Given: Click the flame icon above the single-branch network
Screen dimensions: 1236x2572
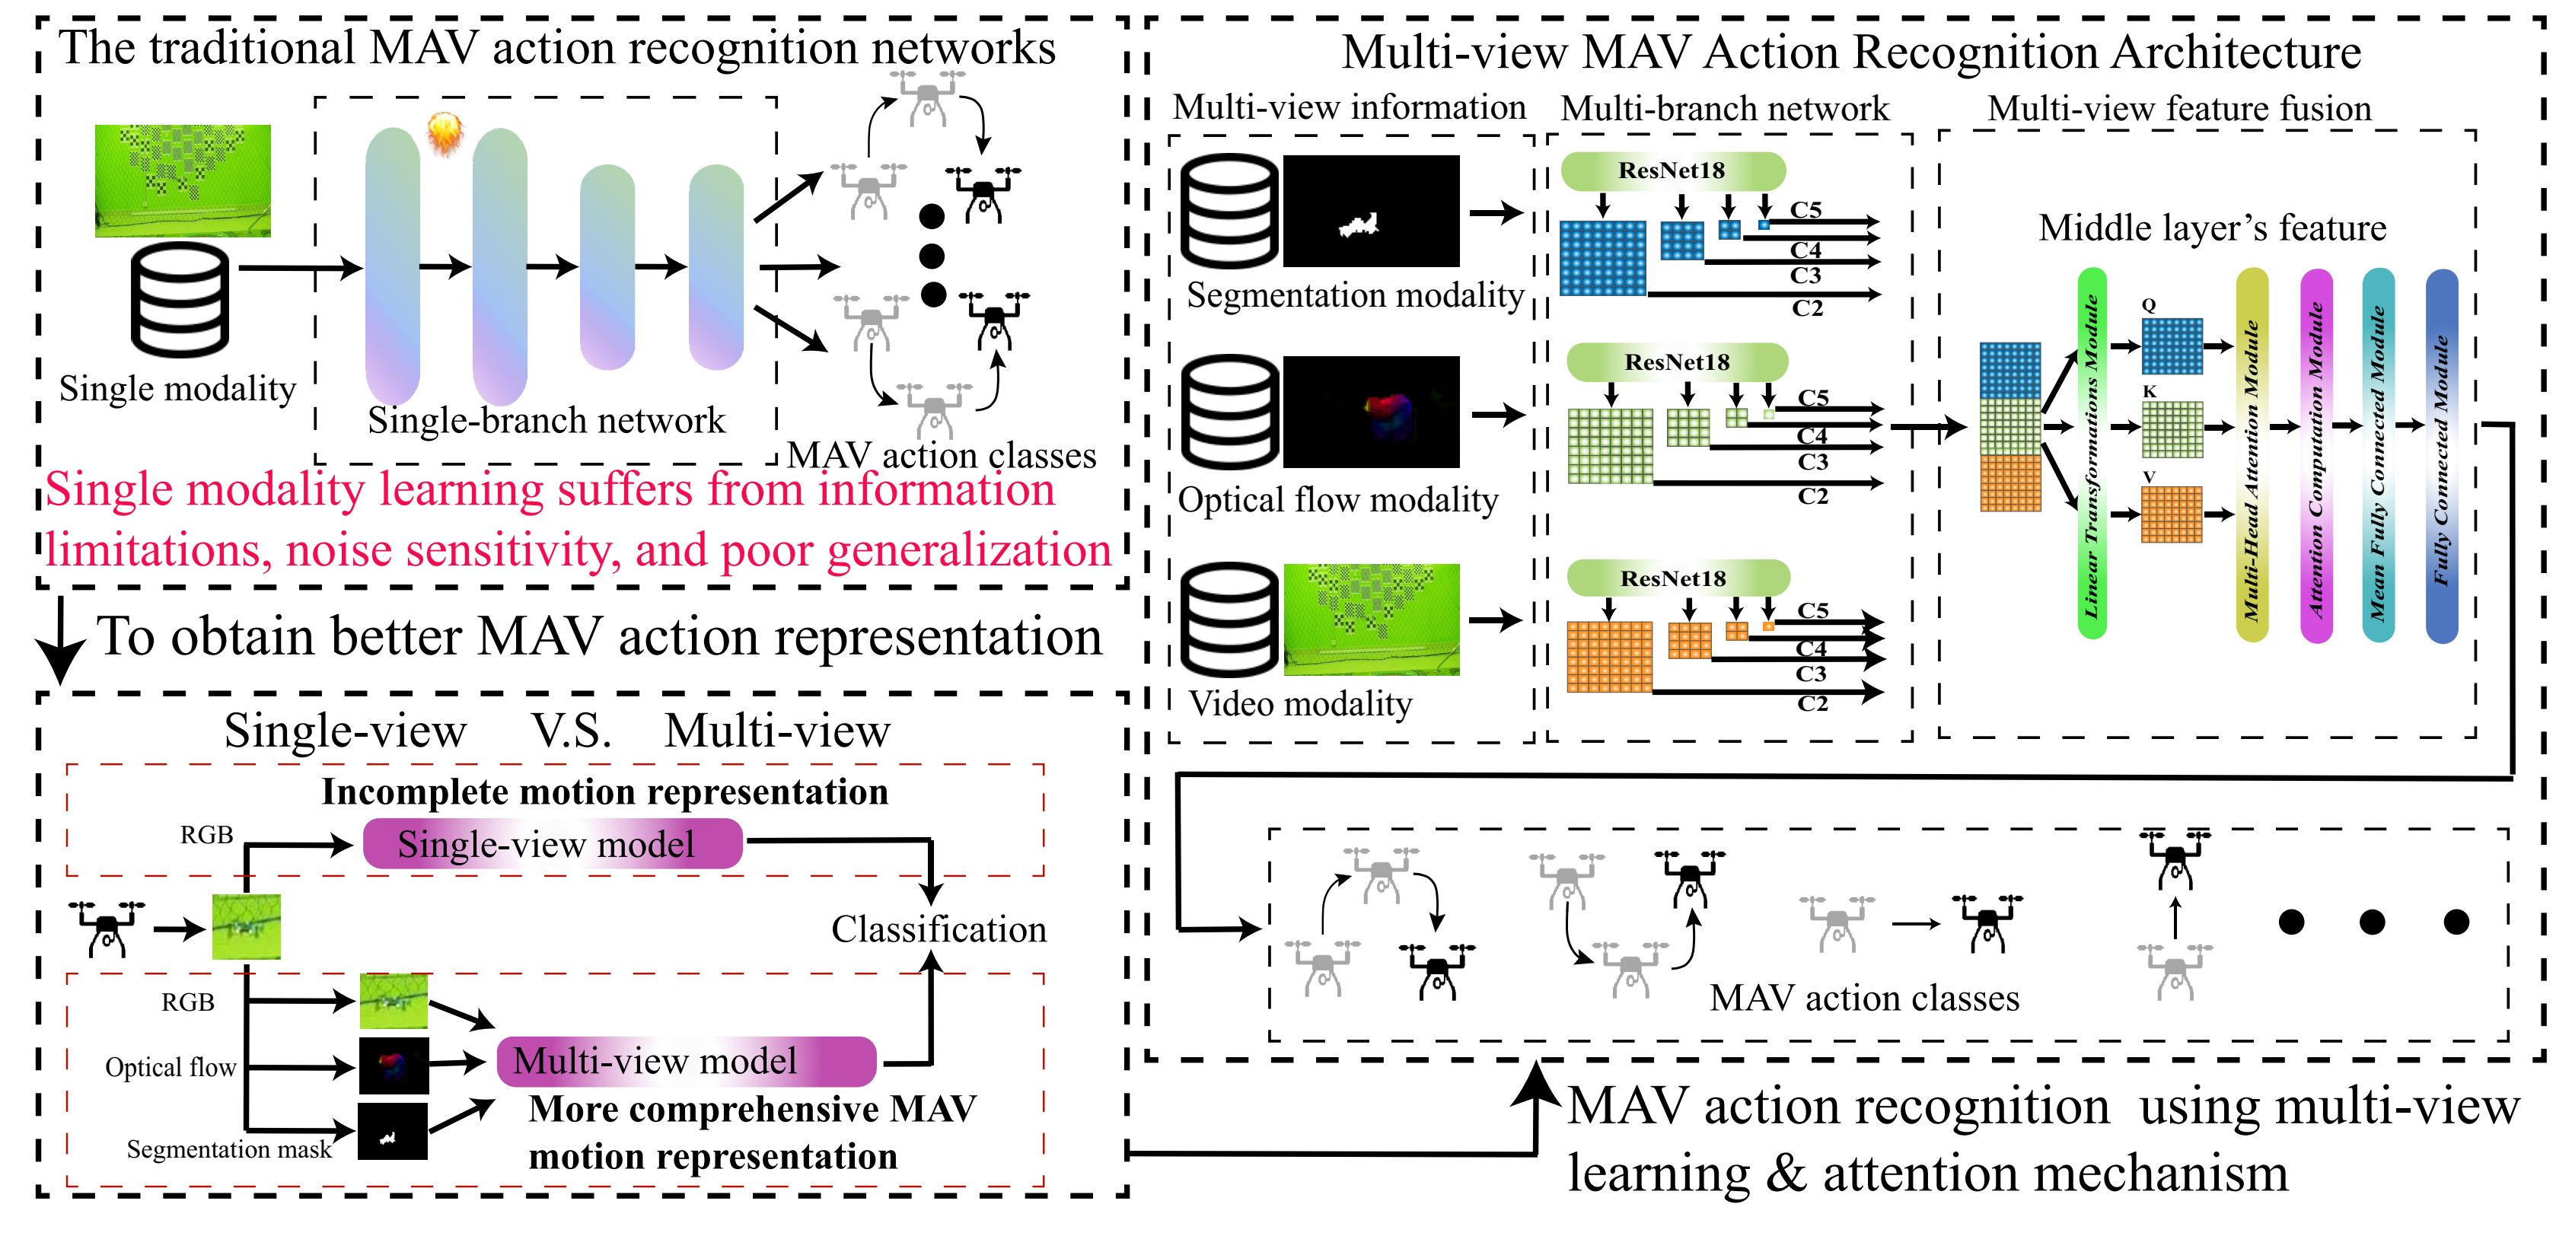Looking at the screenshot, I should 445,134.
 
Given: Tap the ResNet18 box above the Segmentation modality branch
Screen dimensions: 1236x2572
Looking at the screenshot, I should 1672,170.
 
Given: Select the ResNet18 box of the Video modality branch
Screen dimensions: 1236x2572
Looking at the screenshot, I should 1678,578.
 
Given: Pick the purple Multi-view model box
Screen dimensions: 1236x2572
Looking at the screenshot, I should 686,1061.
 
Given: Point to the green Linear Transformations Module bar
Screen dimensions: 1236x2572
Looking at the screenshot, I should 2092,454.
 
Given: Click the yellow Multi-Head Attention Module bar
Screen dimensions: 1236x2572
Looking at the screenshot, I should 2252,454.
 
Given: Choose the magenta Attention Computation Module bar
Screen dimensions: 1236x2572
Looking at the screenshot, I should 2316,454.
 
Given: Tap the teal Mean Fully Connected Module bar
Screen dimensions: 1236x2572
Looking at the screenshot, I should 2379,454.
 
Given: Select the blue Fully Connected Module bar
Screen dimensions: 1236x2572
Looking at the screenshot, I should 2441,454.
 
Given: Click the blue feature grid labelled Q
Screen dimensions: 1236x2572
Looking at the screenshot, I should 2172,346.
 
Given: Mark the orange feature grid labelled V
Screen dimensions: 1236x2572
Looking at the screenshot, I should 2172,514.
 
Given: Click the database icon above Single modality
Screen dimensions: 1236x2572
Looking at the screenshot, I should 180,300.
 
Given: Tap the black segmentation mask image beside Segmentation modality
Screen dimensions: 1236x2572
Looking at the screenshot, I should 1370,211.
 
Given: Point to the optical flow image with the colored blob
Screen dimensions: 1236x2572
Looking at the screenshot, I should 1370,411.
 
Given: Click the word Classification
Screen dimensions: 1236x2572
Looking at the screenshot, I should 939,929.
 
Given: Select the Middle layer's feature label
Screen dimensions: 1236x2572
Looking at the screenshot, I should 2211,228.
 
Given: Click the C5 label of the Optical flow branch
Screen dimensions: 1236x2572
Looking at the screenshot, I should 1813,397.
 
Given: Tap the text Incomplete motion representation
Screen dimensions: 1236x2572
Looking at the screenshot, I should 604,792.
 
